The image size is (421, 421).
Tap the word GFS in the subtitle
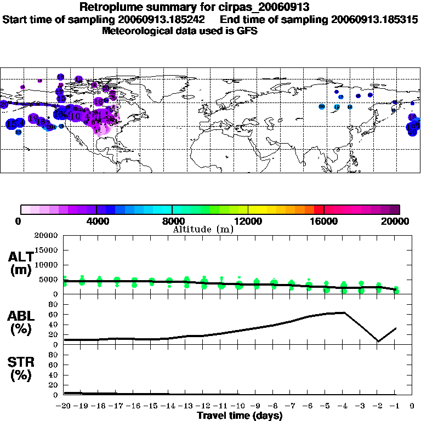[x=246, y=31]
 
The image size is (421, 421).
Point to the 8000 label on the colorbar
[x=172, y=221]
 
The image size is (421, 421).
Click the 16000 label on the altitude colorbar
[x=324, y=221]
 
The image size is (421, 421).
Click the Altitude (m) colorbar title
[x=203, y=229]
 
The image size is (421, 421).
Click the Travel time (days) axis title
[x=240, y=416]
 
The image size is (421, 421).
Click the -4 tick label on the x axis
[x=343, y=406]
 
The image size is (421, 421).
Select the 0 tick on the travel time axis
[x=412, y=406]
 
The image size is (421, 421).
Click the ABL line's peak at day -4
[x=344, y=312]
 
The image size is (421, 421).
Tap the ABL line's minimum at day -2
[x=378, y=341]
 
